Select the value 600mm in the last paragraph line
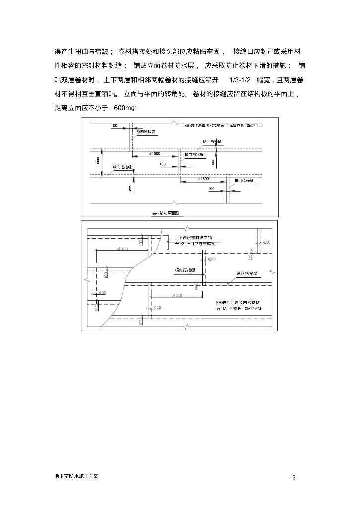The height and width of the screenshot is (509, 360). (x=125, y=108)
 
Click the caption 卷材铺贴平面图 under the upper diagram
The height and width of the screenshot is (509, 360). (x=168, y=213)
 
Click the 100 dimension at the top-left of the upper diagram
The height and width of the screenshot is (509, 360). (x=114, y=126)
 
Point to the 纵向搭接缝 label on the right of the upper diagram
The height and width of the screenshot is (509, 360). (x=211, y=142)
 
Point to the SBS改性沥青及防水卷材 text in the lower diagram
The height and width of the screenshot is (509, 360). (x=238, y=303)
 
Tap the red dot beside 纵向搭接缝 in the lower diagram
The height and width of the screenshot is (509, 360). (x=228, y=284)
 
